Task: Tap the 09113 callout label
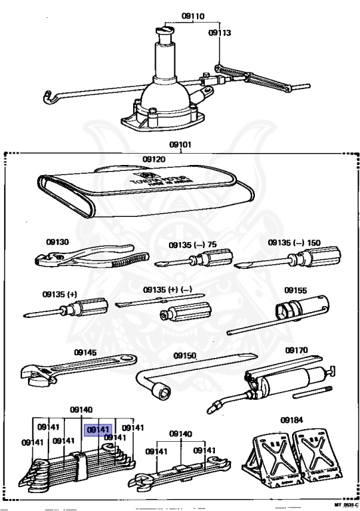click(x=218, y=31)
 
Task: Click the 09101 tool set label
click(x=180, y=143)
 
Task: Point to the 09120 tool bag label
click(x=153, y=160)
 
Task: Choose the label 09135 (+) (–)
click(x=167, y=291)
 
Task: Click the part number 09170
click(x=295, y=349)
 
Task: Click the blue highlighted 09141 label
click(x=97, y=430)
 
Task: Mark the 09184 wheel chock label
click(x=291, y=421)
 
